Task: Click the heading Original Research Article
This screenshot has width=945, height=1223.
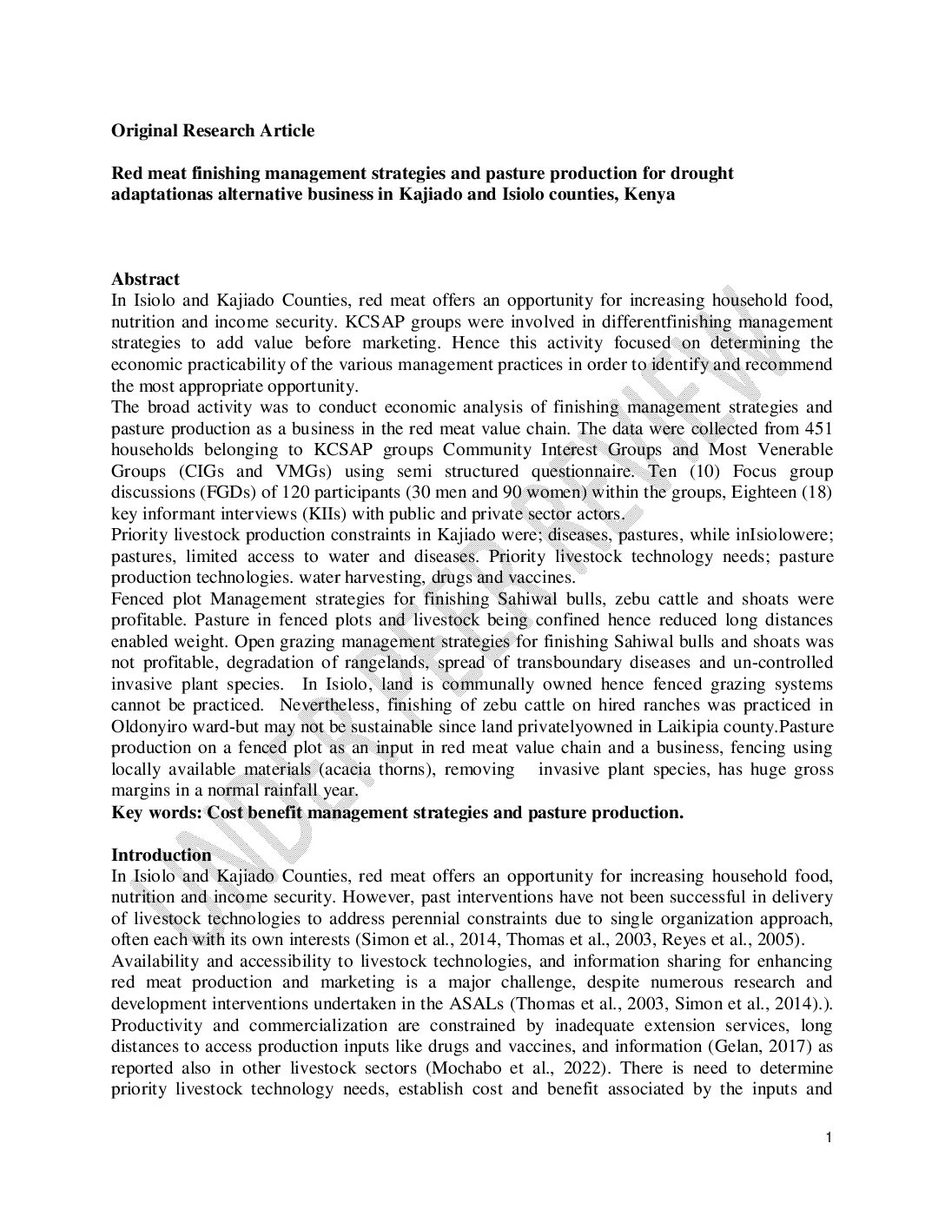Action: tap(213, 131)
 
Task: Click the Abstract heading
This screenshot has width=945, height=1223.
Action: tap(145, 279)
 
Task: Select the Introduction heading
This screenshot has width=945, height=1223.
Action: tap(161, 855)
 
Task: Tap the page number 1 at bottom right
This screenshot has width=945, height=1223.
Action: tap(829, 1138)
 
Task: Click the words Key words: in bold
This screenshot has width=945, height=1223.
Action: tap(157, 812)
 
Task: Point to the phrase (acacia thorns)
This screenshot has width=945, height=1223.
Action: tap(347, 769)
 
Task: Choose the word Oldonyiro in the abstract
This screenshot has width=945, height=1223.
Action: tap(147, 726)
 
